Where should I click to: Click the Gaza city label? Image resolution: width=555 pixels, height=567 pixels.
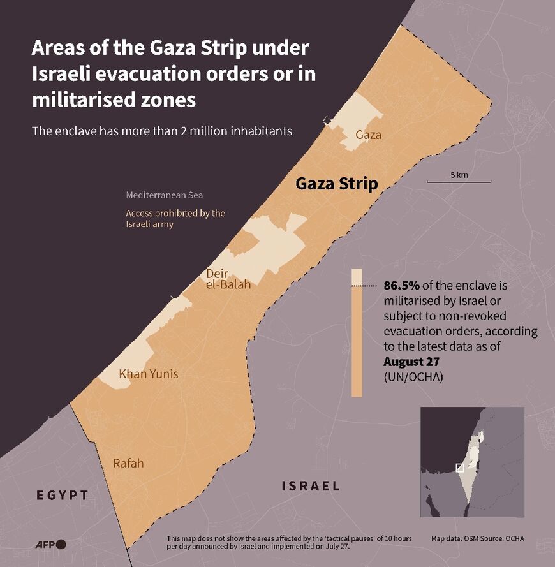368,135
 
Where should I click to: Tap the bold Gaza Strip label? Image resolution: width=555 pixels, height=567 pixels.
337,184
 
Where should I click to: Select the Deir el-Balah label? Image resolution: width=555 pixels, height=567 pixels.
228,279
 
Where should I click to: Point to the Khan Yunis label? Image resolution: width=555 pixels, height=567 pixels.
148,374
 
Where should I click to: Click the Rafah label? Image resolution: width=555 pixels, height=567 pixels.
128,463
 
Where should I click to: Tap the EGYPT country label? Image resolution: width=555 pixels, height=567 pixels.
62,495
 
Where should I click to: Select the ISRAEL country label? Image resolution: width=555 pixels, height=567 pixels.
311,486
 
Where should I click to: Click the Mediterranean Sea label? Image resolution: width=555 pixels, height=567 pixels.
164,195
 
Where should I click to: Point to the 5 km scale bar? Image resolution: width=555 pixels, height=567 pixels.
459,181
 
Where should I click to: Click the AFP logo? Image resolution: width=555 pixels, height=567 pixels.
50,543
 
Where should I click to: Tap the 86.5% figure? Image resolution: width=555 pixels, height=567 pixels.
400,286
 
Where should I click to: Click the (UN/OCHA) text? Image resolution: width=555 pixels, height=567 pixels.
413,377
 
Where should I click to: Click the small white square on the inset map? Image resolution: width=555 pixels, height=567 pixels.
459,468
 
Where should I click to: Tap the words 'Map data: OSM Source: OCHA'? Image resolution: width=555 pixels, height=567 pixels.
478,538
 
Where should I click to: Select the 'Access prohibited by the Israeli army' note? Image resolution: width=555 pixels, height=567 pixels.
175,218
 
